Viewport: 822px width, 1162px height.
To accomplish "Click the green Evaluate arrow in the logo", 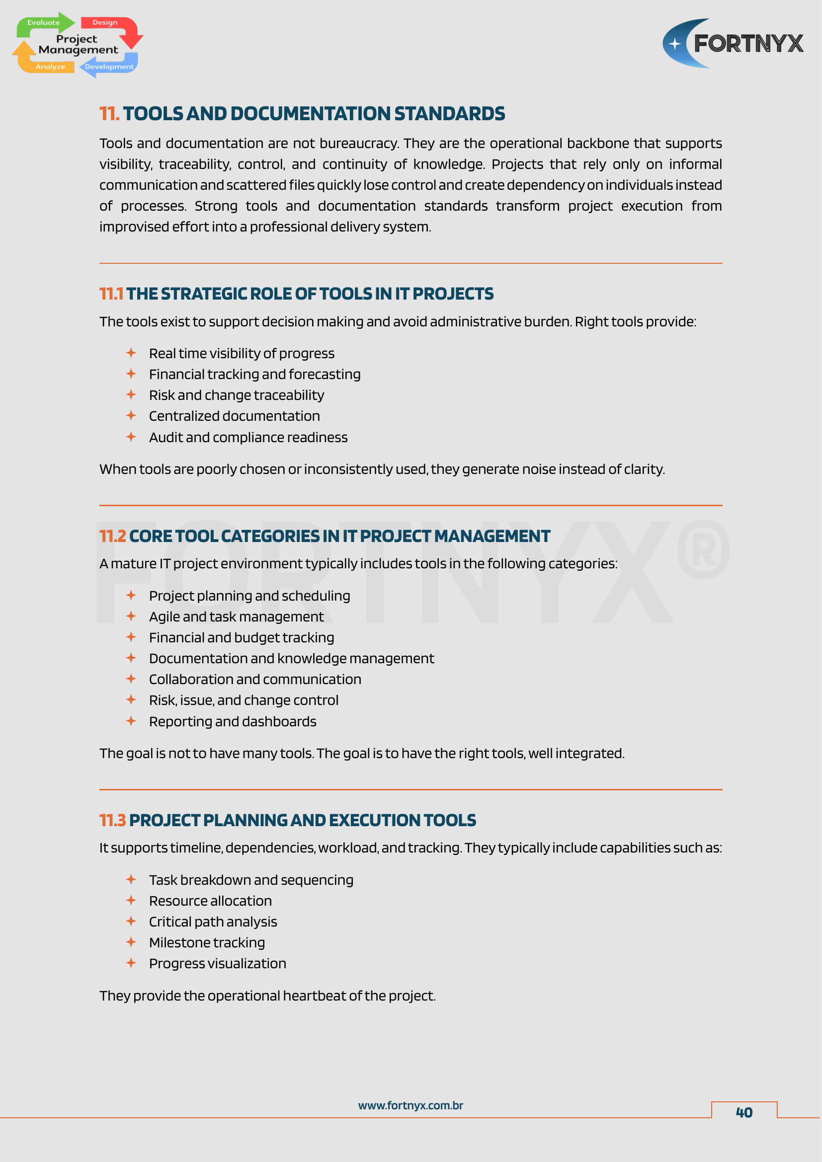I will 45,23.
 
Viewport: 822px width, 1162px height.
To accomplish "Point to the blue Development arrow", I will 108,66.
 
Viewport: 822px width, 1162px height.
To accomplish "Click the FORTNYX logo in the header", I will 733,44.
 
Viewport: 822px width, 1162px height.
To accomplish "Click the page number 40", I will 743,1112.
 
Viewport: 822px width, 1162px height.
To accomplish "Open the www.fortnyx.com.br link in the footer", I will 411,1105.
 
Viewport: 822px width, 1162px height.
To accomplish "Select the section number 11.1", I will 111,294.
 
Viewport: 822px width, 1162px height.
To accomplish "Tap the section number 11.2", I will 112,537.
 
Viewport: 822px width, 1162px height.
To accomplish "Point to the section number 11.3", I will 112,820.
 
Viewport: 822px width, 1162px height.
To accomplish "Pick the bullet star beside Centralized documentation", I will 131,415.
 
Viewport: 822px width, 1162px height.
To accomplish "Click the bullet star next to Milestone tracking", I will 131,942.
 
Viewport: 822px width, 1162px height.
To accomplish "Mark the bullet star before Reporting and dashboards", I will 131,721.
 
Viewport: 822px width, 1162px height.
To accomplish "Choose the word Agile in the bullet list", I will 164,617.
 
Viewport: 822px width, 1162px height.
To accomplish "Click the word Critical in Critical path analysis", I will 170,922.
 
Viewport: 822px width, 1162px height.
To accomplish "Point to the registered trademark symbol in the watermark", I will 703,549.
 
